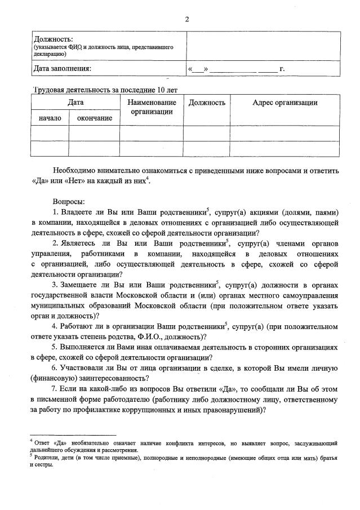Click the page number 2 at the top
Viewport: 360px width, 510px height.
pos(186,20)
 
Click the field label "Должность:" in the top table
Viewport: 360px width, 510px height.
pos(54,39)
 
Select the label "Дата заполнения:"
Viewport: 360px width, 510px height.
pos(63,69)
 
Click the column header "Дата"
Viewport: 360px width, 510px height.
pos(75,103)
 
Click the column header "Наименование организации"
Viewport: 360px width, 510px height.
pos(152,107)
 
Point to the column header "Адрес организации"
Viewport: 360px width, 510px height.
pos(285,103)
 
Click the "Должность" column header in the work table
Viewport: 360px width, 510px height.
pos(207,103)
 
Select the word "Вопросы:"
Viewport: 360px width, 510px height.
pos(69,201)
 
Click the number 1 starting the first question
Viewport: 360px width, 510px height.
pos(55,212)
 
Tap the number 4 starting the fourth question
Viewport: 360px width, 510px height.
pos(54,326)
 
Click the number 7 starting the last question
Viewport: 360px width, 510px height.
pos(54,390)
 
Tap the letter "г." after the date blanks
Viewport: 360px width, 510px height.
pos(282,69)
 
